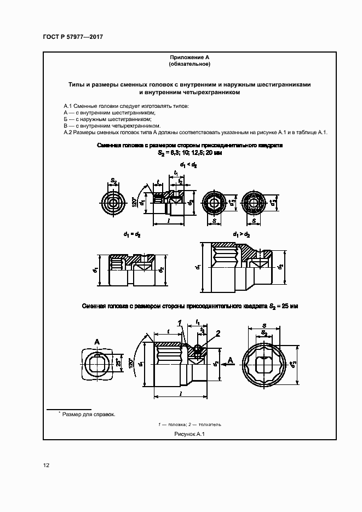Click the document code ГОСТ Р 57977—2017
73,37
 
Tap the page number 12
47,465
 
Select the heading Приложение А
189,57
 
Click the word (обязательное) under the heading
189,65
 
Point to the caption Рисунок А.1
189,434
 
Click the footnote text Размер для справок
88,415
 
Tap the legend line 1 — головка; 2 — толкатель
189,424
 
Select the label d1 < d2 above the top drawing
188,164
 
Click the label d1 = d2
131,234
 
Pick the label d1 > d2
242,234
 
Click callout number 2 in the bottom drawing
217,333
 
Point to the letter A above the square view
97,342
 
